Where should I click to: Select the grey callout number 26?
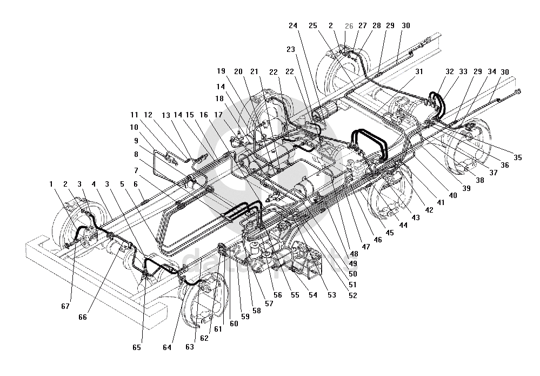349,25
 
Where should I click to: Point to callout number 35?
517,157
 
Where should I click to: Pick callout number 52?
353,295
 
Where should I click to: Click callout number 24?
293,25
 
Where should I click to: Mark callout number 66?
83,318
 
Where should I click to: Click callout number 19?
221,71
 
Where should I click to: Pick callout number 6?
136,184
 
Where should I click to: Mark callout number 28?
377,25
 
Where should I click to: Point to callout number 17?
218,114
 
